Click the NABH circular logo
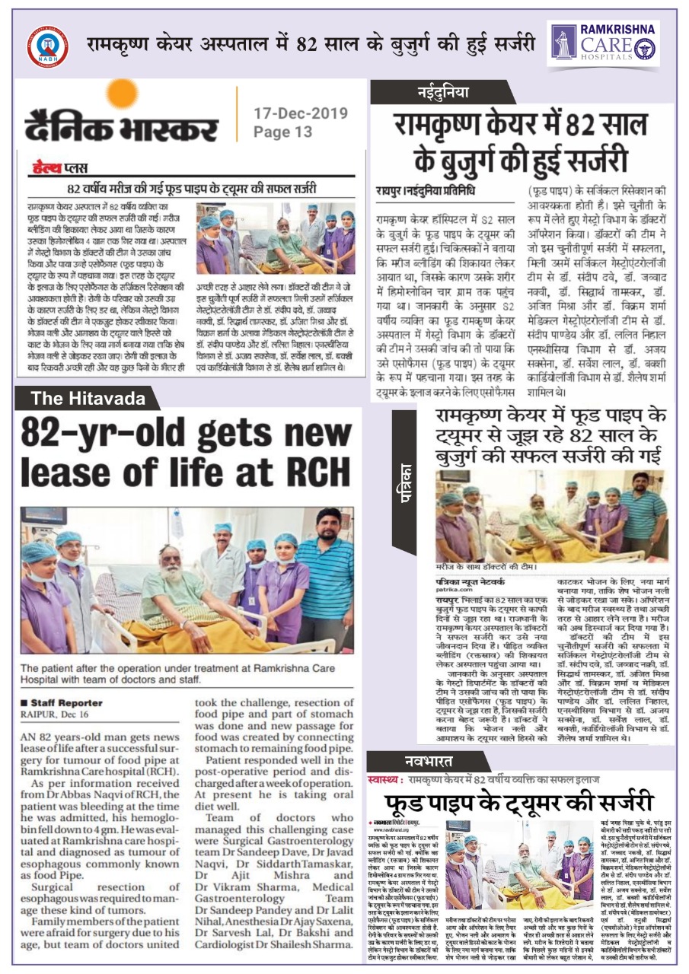click(46, 47)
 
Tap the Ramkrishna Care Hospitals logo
click(602, 44)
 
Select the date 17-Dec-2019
click(301, 114)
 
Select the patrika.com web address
click(454, 589)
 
